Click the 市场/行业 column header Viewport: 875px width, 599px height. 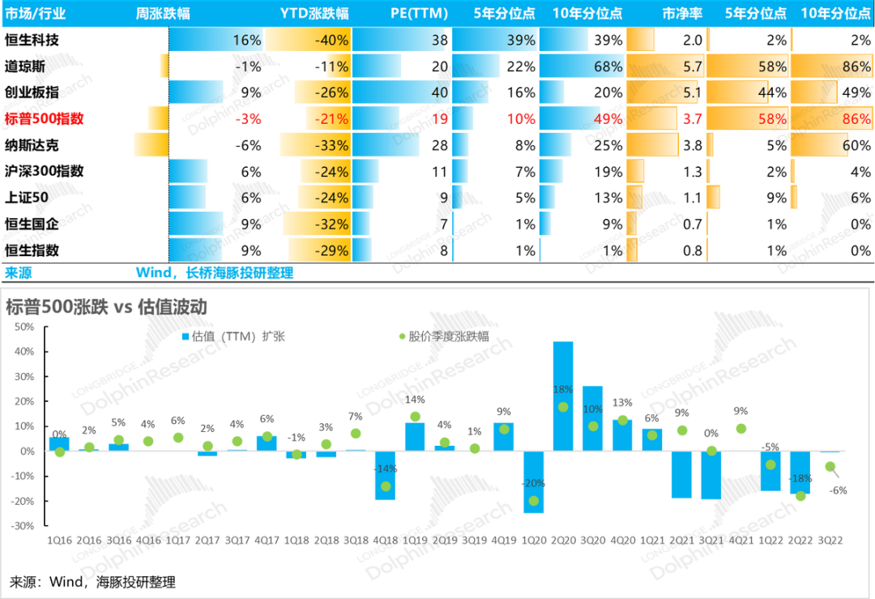tap(36, 14)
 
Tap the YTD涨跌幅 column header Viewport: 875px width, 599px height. tap(314, 14)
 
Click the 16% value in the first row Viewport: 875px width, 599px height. tap(246, 41)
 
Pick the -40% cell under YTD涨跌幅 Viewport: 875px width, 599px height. tap(332, 41)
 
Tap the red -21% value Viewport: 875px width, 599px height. tap(332, 119)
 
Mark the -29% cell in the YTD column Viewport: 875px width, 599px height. tap(332, 250)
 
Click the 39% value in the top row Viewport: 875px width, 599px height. tap(521, 41)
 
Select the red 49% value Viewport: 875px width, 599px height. tap(608, 119)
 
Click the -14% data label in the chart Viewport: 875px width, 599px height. tap(385, 469)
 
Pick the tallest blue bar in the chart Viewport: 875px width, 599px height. tap(562, 395)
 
